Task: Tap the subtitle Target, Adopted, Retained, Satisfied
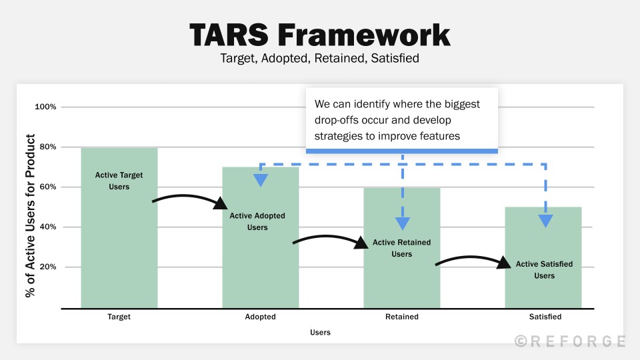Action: pyautogui.click(x=319, y=58)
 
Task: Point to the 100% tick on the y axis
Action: pyautogui.click(x=45, y=107)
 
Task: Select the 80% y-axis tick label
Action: pyautogui.click(x=47, y=147)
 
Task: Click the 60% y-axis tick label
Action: pyautogui.click(x=47, y=187)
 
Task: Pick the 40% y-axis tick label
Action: pyautogui.click(x=47, y=227)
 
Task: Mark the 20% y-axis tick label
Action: pyautogui.click(x=47, y=267)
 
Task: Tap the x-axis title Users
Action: pyautogui.click(x=320, y=332)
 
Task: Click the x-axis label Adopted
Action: pyautogui.click(x=260, y=317)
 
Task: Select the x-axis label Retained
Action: pyautogui.click(x=401, y=317)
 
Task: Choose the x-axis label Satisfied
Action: pyautogui.click(x=544, y=317)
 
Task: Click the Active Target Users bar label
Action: pyautogui.click(x=119, y=181)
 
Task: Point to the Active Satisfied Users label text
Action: pyautogui.click(x=544, y=270)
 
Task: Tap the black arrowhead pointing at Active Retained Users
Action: pyautogui.click(x=361, y=243)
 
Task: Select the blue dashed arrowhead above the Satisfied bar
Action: pyautogui.click(x=545, y=221)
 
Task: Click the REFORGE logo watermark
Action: pyautogui.click(x=570, y=341)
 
